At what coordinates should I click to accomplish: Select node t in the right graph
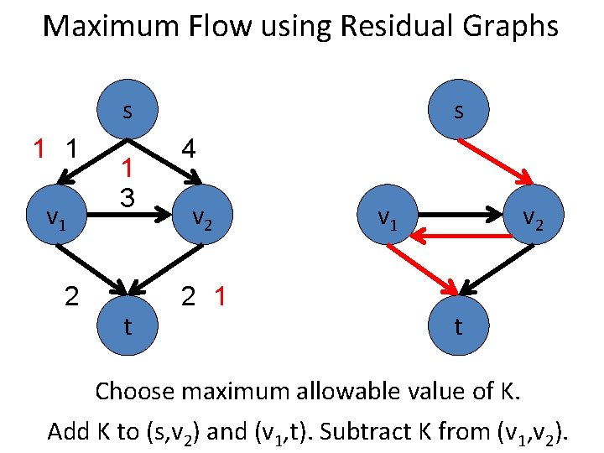[457, 326]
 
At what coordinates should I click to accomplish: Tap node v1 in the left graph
[56, 217]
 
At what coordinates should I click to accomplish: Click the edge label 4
[190, 150]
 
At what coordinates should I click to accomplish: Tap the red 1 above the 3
[127, 168]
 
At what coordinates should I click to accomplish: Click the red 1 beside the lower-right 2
[220, 296]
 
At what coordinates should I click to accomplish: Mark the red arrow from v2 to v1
[466, 237]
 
